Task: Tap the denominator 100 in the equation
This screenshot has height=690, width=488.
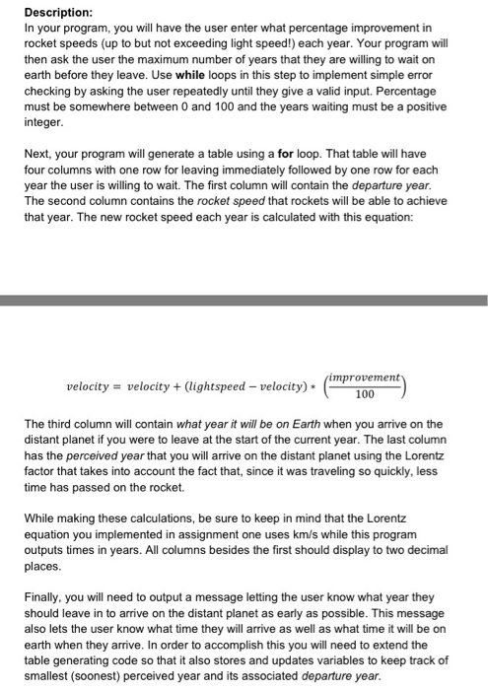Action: pos(365,395)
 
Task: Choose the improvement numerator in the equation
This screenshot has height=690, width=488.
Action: pos(365,376)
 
